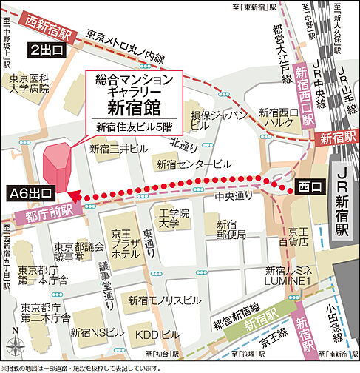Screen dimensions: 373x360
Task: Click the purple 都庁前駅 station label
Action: [45, 215]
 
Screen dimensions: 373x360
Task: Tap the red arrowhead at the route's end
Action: [73, 196]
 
